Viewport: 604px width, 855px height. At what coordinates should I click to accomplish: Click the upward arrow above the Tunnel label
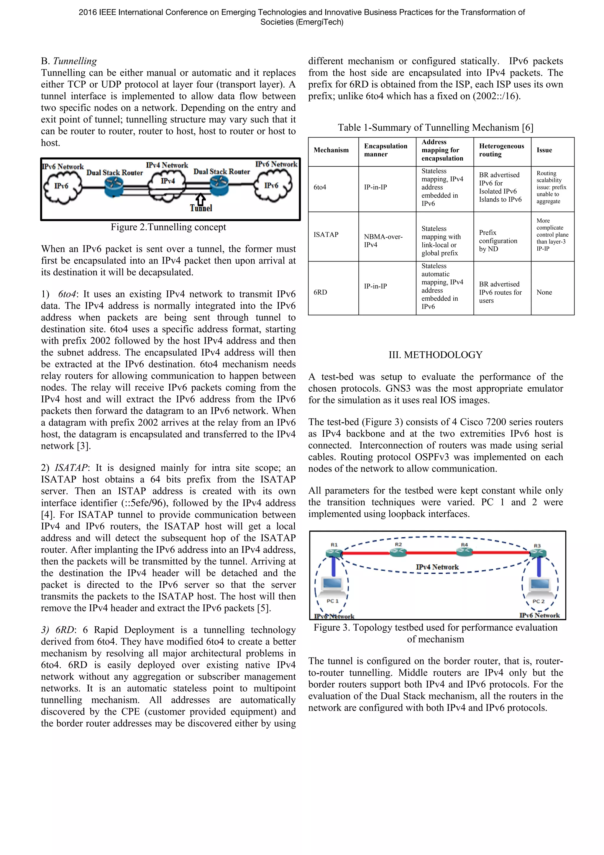pyautogui.click(x=201, y=199)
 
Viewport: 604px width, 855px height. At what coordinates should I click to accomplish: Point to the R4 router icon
pyautogui.click(x=465, y=552)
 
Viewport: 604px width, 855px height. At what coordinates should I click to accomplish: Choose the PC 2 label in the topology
pyautogui.click(x=538, y=601)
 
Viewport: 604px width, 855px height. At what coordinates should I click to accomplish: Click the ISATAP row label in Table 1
pyautogui.click(x=326, y=235)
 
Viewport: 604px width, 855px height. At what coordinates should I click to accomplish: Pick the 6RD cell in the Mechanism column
pyautogui.click(x=320, y=292)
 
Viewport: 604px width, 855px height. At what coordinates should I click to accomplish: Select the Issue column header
pyautogui.click(x=544, y=150)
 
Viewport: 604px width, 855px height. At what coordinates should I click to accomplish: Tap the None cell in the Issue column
pyautogui.click(x=544, y=292)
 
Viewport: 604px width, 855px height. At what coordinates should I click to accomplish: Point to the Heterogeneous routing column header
pyautogui.click(x=501, y=150)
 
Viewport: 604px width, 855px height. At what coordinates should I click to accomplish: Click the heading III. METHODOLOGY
pyautogui.click(x=435, y=355)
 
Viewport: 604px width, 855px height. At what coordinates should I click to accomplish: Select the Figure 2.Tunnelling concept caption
pyautogui.click(x=168, y=227)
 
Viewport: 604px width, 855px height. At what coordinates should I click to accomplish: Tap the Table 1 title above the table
pyautogui.click(x=435, y=128)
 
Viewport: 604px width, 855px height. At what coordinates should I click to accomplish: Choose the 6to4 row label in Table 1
pyautogui.click(x=320, y=187)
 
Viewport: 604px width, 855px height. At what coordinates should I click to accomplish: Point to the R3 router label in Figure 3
pyautogui.click(x=537, y=545)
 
